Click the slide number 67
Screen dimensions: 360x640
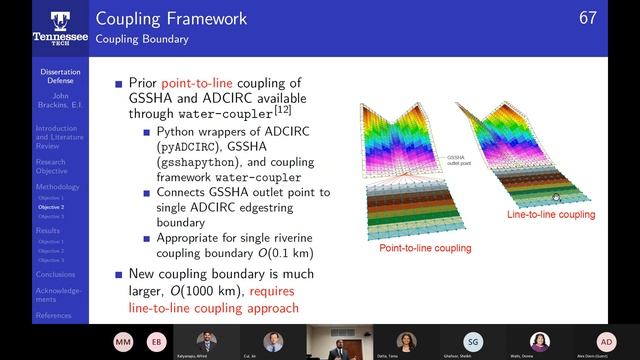[x=616, y=18]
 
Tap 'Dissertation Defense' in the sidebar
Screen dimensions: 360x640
[x=60, y=77]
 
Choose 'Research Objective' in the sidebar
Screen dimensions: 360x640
[x=53, y=165]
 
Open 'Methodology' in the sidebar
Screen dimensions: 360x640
[x=56, y=186]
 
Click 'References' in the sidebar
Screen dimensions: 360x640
[x=53, y=316]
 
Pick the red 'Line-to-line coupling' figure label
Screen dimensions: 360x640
[x=551, y=214]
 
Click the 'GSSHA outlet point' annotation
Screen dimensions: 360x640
[x=456, y=160]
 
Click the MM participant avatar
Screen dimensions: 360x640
[x=123, y=341]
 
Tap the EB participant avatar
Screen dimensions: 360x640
[x=155, y=341]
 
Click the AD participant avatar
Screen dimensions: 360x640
[x=606, y=341]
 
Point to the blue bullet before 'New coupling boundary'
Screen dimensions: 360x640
[x=119, y=273]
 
